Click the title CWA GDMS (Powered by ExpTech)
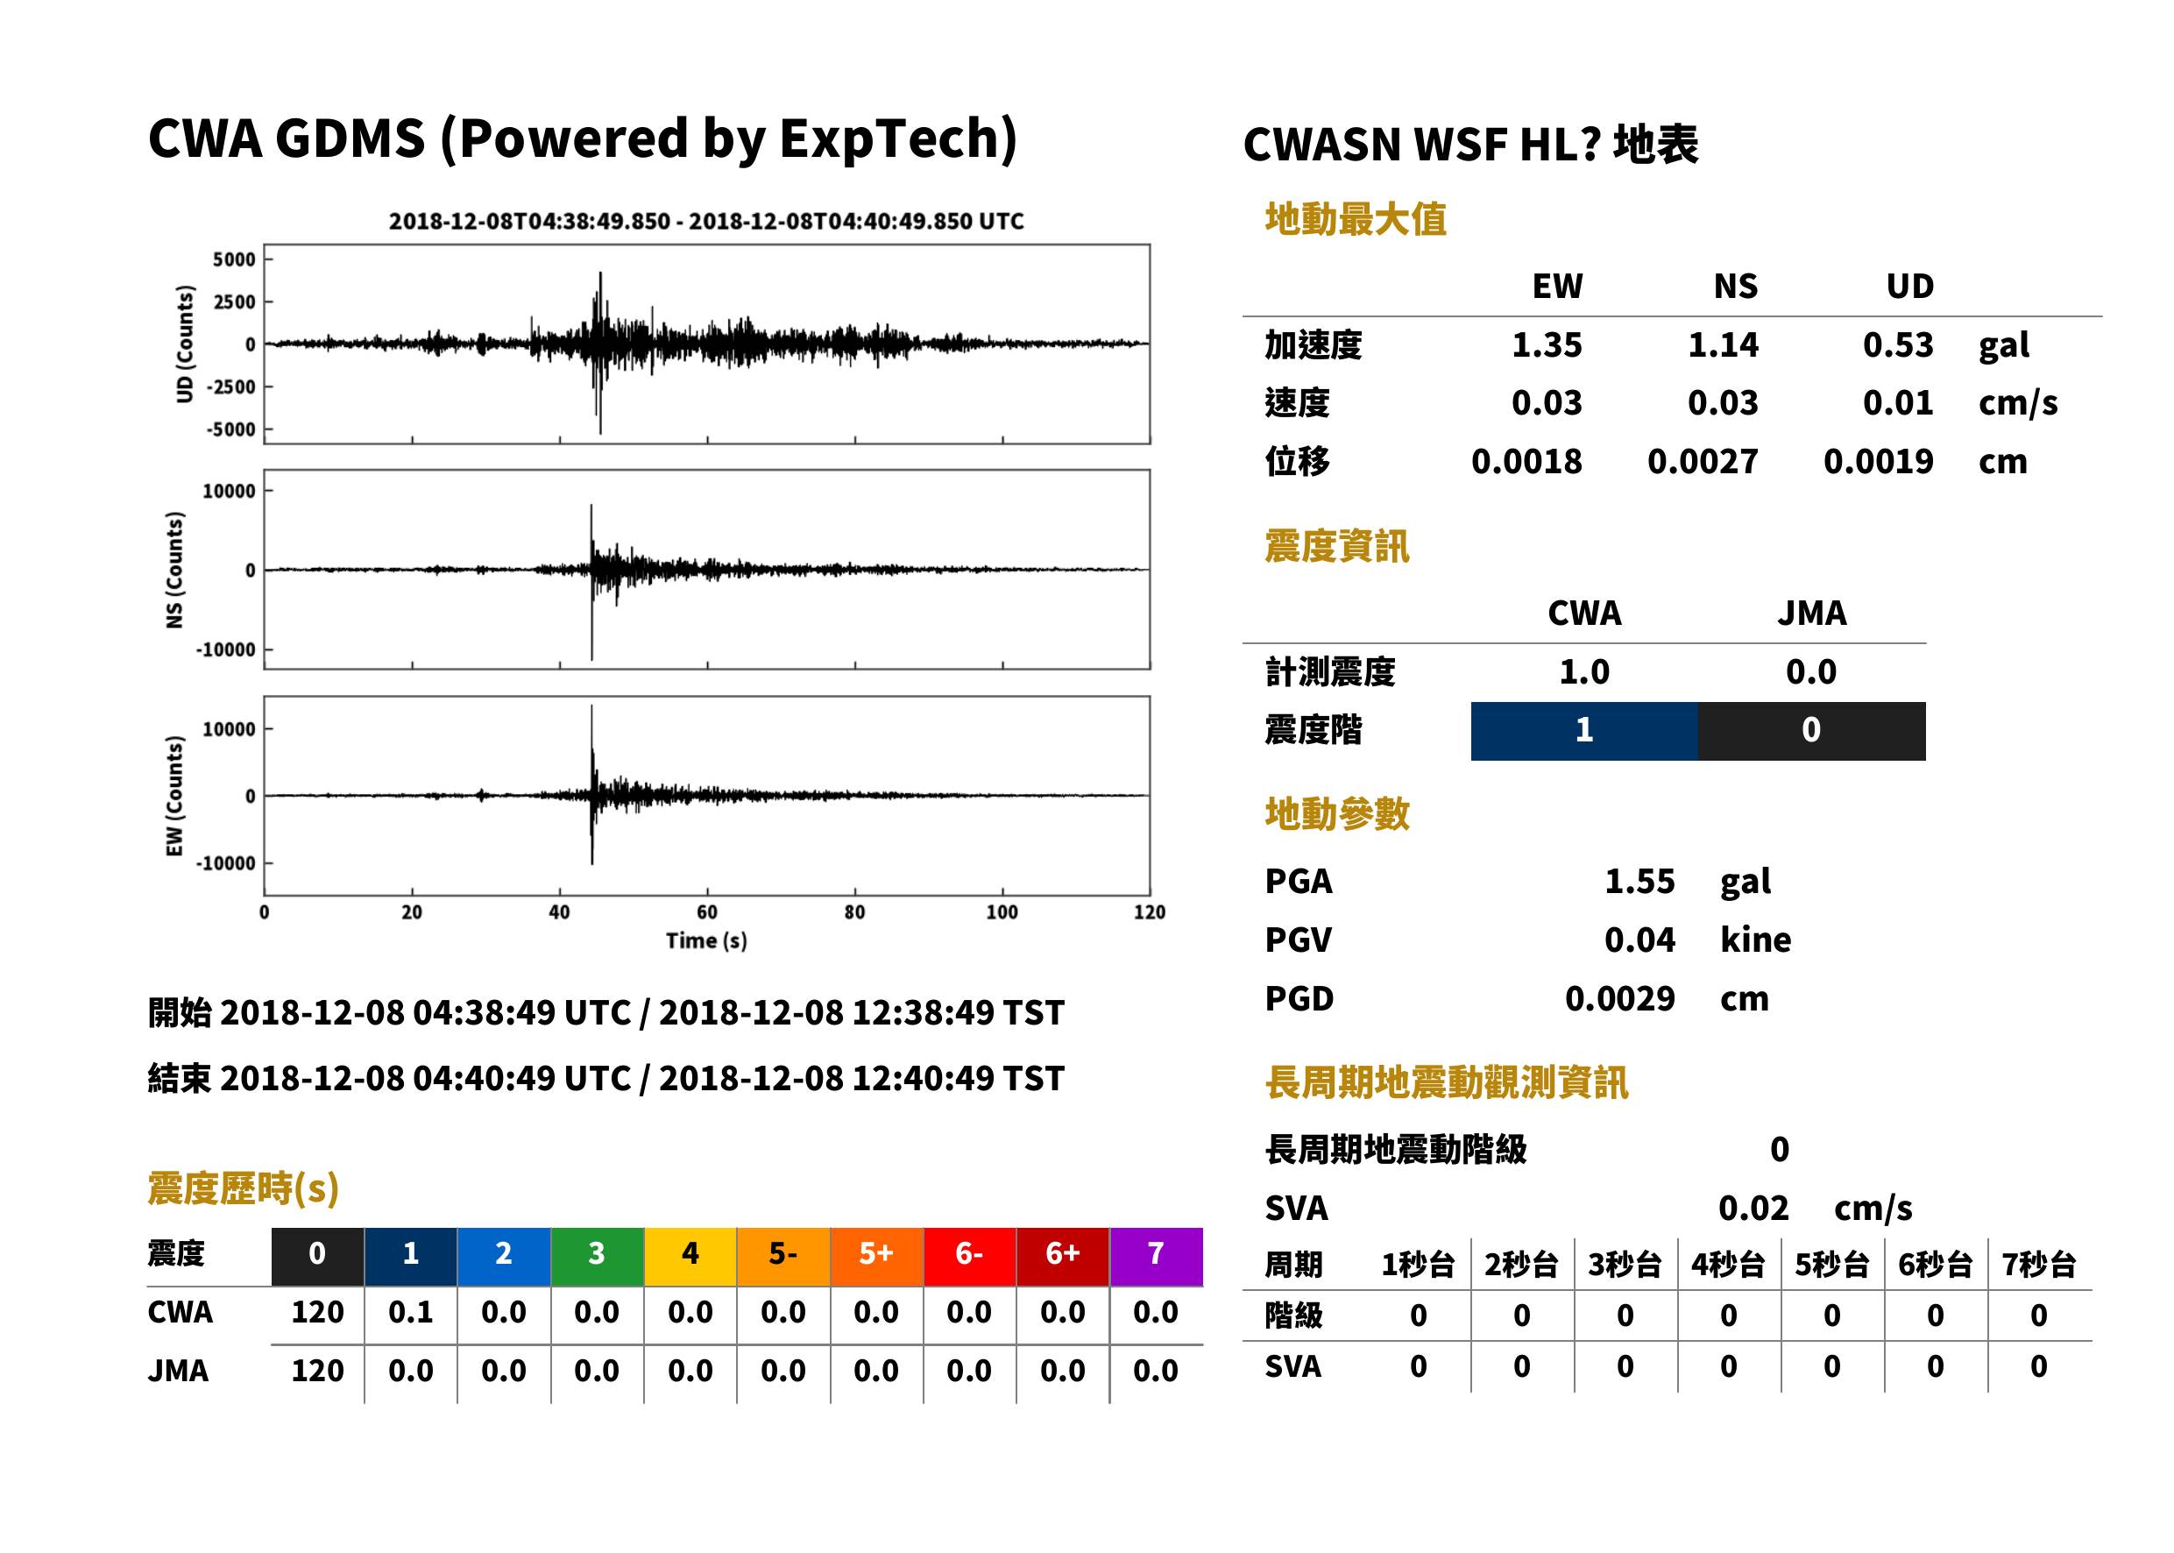click(582, 138)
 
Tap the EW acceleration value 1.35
click(1546, 344)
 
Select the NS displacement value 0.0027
click(1702, 461)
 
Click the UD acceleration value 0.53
click(1898, 344)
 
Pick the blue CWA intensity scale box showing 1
click(1584, 731)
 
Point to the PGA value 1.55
click(1639, 881)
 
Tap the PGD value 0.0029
click(1619, 998)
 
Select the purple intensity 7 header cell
click(1156, 1256)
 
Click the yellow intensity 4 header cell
click(690, 1256)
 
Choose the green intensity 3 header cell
click(597, 1256)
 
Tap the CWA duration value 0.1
click(410, 1312)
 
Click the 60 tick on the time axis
click(706, 912)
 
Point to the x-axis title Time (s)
click(706, 941)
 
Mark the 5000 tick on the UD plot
click(234, 259)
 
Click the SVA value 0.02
click(1753, 1208)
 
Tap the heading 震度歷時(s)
click(244, 1188)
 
